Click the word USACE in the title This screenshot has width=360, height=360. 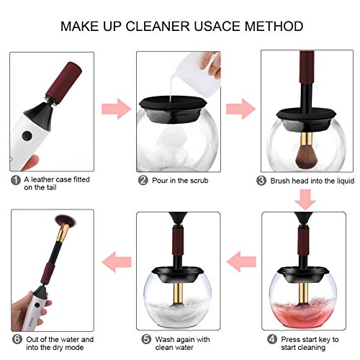pyautogui.click(x=217, y=26)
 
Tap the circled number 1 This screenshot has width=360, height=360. pyautogui.click(x=16, y=180)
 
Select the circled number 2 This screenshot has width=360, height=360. pyautogui.click(x=143, y=180)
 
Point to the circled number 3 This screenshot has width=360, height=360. pyautogui.click(x=261, y=181)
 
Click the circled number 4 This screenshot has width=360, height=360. pyautogui.click(x=272, y=339)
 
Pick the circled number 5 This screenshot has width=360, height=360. pyautogui.click(x=146, y=339)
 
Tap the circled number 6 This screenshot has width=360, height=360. pyautogui.click(x=17, y=339)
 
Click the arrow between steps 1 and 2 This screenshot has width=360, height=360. pyautogui.click(x=117, y=109)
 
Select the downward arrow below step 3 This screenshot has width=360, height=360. pyautogui.click(x=305, y=199)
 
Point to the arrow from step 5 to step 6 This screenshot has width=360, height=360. pyautogui.click(x=117, y=262)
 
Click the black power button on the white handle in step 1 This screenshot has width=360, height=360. pyautogui.click(x=27, y=135)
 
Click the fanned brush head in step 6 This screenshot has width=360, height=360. pyautogui.click(x=66, y=221)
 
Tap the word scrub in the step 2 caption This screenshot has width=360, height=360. pyautogui.click(x=199, y=181)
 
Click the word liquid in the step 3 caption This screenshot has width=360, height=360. pyautogui.click(x=344, y=181)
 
